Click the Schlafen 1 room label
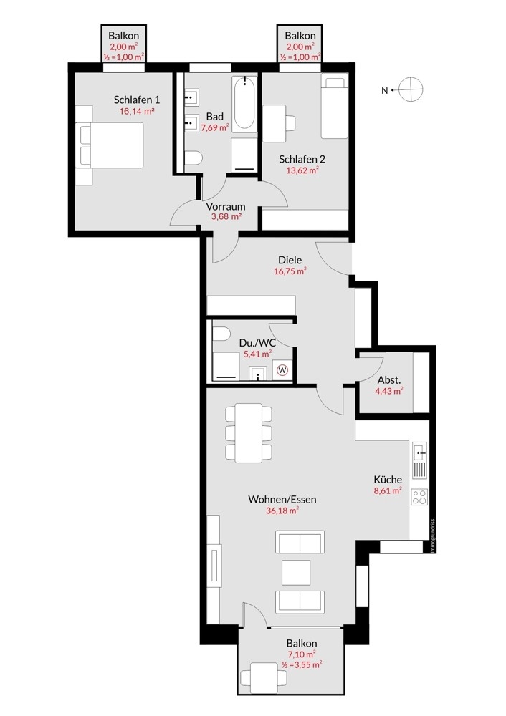(x=137, y=100)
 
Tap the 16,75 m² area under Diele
(x=290, y=271)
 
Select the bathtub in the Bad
(x=244, y=102)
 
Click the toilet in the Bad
(x=194, y=158)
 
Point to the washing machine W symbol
(x=283, y=369)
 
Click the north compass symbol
(x=410, y=89)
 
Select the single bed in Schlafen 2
(x=334, y=108)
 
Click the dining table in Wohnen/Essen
(x=248, y=432)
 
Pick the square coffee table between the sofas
(x=296, y=572)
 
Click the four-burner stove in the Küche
(x=419, y=496)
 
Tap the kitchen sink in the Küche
(x=419, y=451)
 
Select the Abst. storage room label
(x=389, y=379)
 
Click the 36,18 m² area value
(x=282, y=511)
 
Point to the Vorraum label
(x=225, y=206)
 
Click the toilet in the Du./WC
(x=221, y=334)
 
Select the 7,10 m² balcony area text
(x=302, y=654)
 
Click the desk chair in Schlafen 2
(x=290, y=123)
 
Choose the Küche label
(x=388, y=480)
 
